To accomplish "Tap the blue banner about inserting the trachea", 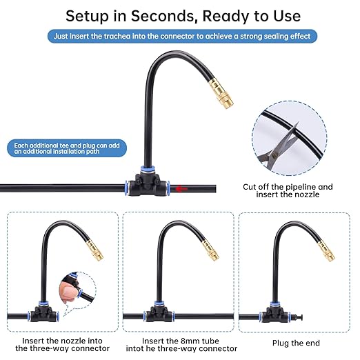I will tap(180, 36).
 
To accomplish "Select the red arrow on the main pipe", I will tap(181, 188).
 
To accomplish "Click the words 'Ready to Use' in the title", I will tap(260, 14).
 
